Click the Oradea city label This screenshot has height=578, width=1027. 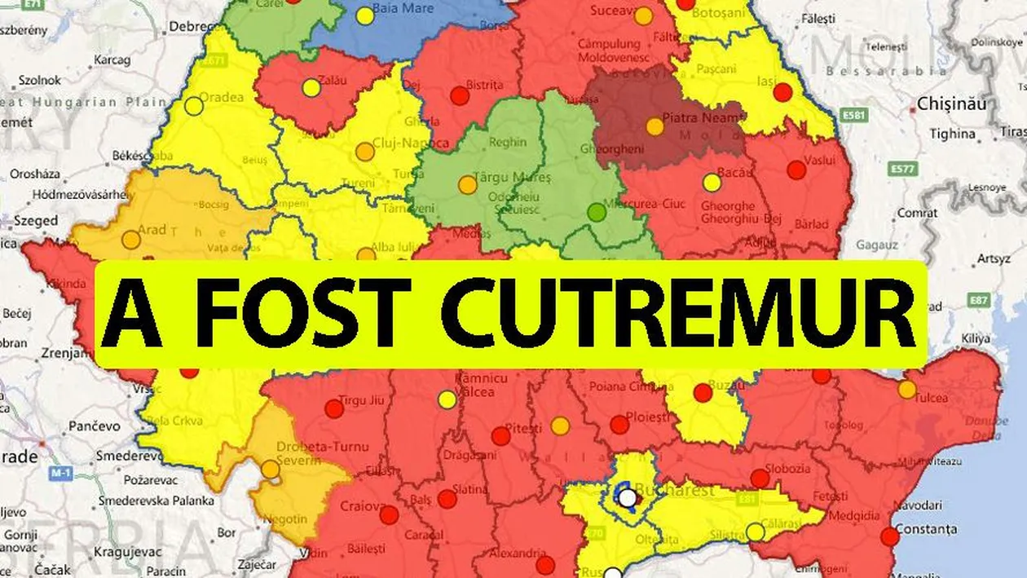point(220,97)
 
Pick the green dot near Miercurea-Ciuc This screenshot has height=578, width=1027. point(597,213)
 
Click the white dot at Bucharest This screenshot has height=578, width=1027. point(627,497)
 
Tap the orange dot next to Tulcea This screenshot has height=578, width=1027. point(907,390)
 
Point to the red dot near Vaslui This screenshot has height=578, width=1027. point(796,170)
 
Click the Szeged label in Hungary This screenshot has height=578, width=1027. point(34,221)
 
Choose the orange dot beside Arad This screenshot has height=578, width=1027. point(130,240)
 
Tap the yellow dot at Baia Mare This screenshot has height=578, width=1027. point(365,15)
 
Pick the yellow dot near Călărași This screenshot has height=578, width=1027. point(756,532)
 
